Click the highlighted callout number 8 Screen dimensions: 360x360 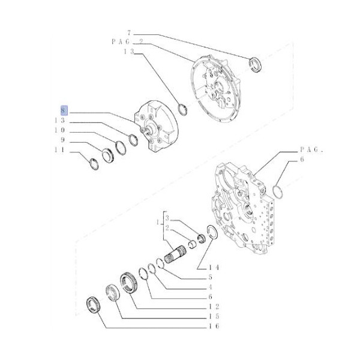64,110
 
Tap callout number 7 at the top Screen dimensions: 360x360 129,33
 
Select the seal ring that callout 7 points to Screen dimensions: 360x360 256,65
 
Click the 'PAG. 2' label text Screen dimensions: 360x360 127,41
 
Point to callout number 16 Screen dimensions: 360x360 214,326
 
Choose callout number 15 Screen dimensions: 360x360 214,316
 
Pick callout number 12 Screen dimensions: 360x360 214,307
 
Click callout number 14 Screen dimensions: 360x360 214,268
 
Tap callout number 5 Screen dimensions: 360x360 211,277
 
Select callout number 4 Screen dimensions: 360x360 211,287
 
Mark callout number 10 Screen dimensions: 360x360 59,130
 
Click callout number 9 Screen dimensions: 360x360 62,140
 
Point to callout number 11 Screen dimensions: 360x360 59,149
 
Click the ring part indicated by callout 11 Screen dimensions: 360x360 94,164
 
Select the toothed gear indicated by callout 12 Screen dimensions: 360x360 128,283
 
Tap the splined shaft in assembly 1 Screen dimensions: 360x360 175,254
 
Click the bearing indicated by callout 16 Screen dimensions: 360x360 93,305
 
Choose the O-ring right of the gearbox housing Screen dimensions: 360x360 278,192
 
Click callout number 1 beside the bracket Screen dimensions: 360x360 158,222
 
